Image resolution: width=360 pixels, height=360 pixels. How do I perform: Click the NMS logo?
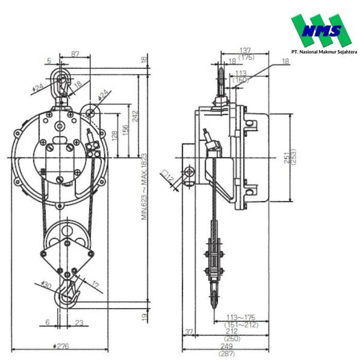pyautogui.click(x=321, y=30)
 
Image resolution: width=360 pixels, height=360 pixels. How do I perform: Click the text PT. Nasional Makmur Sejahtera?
pyautogui.click(x=324, y=52)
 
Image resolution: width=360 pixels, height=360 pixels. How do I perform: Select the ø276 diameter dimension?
pyautogui.click(x=61, y=346)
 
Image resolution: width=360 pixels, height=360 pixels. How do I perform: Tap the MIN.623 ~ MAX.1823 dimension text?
pyautogui.click(x=144, y=187)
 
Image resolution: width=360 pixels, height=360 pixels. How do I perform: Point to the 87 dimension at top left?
pyautogui.click(x=75, y=54)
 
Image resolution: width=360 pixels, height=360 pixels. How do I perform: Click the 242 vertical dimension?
pyautogui.click(x=135, y=116)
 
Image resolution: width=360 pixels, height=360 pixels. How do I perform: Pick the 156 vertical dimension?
pyautogui.click(x=124, y=130)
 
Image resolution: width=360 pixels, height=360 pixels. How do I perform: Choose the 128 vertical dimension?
pyautogui.click(x=114, y=135)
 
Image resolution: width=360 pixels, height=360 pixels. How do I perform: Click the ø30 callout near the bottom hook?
pyautogui.click(x=46, y=285)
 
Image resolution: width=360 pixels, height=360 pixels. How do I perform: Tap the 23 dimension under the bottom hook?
pyautogui.click(x=79, y=322)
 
